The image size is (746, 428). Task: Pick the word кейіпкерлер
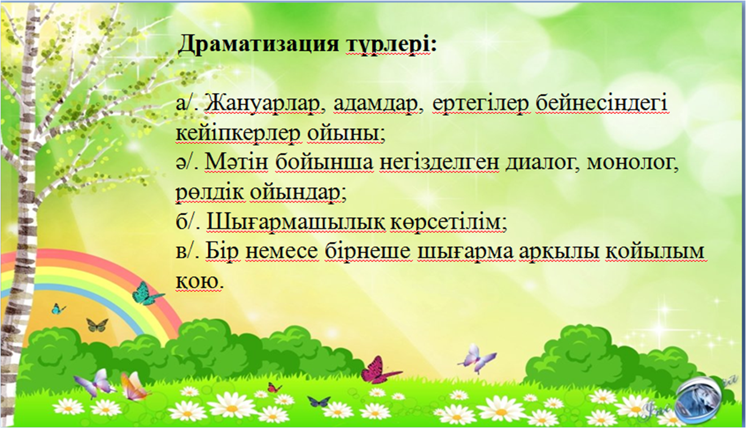(x=238, y=134)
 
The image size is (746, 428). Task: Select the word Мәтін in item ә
(x=236, y=163)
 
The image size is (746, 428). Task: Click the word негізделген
(x=439, y=163)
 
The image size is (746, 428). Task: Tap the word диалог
(x=543, y=164)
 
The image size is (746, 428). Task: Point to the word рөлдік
(x=210, y=193)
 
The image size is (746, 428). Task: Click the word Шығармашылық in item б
(x=296, y=222)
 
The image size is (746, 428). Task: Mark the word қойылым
(x=655, y=251)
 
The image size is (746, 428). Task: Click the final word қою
(x=199, y=281)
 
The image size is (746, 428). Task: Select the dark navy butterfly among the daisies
(x=319, y=401)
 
